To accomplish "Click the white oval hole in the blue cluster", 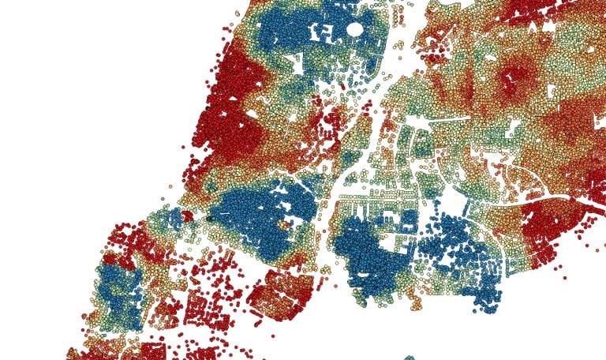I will tap(355, 30).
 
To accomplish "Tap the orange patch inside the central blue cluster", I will tap(283, 224).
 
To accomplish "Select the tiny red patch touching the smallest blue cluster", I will tap(187, 216).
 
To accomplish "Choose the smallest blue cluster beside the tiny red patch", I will tap(174, 217).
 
